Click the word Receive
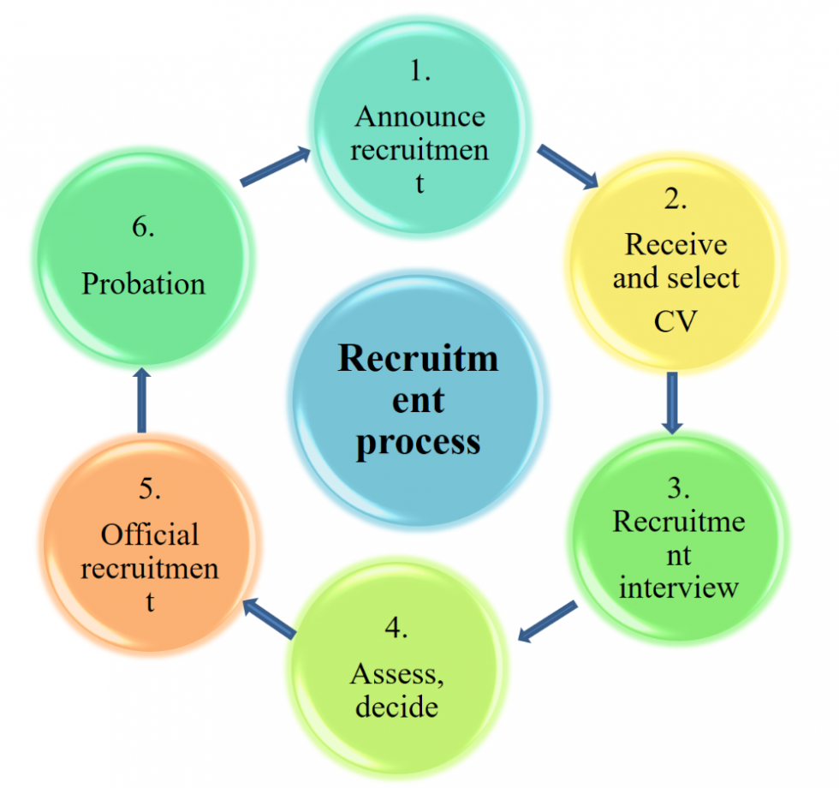675,244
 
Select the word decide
396,707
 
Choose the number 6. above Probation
143,229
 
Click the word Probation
143,284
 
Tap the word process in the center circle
418,443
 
